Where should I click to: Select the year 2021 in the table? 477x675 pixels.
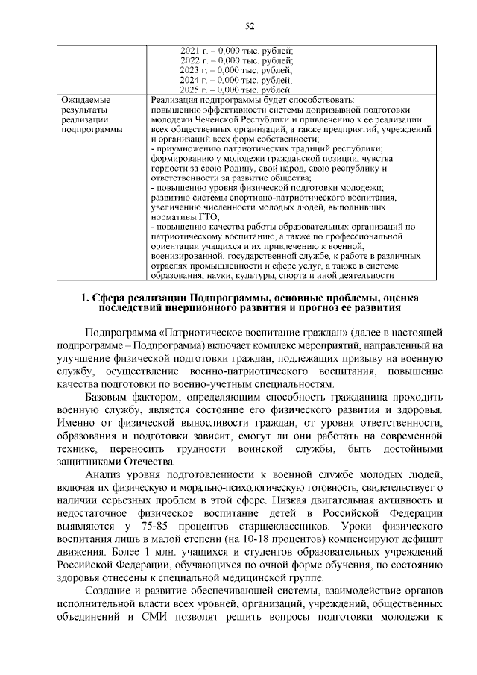click(x=190, y=51)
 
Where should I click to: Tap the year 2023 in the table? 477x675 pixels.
click(x=190, y=69)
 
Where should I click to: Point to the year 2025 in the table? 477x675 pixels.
click(x=190, y=89)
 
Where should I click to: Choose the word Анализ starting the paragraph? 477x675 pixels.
click(x=107, y=475)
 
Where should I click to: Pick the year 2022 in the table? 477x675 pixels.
click(x=190, y=60)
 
